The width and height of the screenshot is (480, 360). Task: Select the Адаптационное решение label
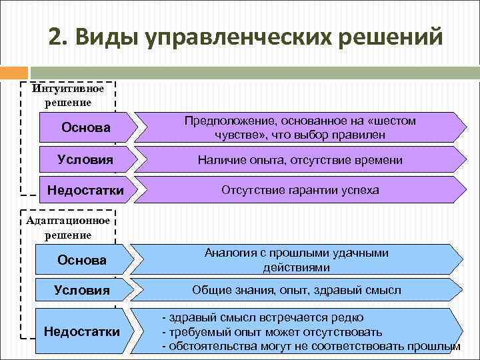pyautogui.click(x=68, y=228)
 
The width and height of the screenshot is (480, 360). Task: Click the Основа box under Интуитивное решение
pyautogui.click(x=85, y=127)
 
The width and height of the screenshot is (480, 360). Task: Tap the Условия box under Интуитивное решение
pyautogui.click(x=85, y=159)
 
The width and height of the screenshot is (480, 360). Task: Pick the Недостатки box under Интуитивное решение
pyautogui.click(x=85, y=191)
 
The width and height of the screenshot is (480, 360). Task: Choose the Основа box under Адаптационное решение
pyautogui.click(x=82, y=260)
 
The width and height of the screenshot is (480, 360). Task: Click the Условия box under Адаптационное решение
pyautogui.click(x=82, y=290)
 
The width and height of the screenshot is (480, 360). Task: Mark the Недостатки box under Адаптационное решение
pyautogui.click(x=82, y=331)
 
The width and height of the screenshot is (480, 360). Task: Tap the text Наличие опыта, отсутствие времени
pyautogui.click(x=300, y=160)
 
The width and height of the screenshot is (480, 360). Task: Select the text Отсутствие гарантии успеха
pyautogui.click(x=300, y=190)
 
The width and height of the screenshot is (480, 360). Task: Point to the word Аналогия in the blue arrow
pyautogui.click(x=226, y=253)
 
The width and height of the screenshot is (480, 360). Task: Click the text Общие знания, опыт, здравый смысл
pyautogui.click(x=297, y=290)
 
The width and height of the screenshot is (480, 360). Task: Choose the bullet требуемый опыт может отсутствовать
pyautogui.click(x=272, y=332)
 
